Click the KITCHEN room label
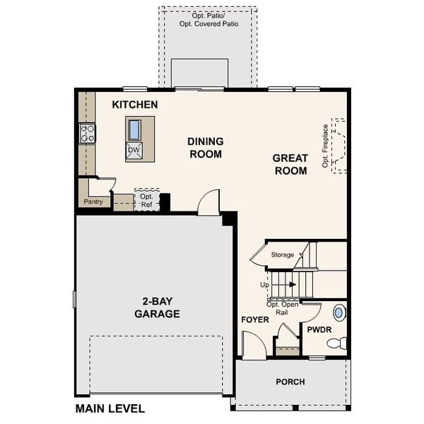point(135,105)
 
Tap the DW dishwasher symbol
point(134,151)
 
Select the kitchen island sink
point(134,130)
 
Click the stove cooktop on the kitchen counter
point(88,133)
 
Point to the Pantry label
point(93,201)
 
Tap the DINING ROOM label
point(205,148)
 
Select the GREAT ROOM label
point(290,165)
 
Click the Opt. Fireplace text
point(326,146)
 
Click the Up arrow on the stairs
point(291,285)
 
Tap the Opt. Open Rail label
point(282,307)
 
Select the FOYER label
point(254,319)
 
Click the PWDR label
point(319,330)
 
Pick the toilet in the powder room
point(337,343)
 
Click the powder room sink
point(339,312)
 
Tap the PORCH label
point(290,382)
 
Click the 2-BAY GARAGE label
point(157,308)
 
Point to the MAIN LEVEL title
point(110,408)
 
